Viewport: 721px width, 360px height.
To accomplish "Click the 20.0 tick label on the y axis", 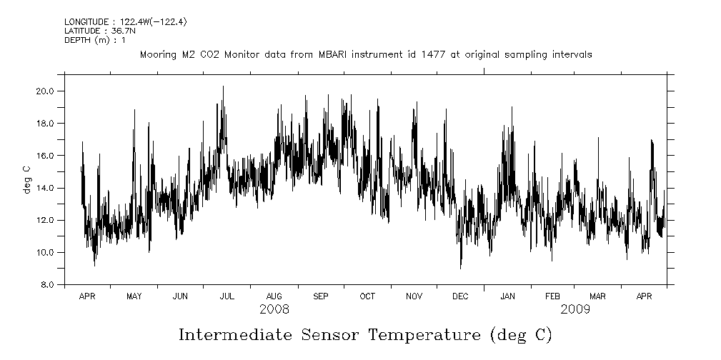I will [x=46, y=91].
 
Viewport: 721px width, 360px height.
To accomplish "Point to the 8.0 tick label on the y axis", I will [x=48, y=284].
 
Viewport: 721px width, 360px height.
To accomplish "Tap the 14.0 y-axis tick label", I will [x=46, y=188].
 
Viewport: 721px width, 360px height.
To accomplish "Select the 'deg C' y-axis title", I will [x=27, y=179].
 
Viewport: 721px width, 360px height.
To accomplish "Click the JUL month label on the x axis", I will [x=227, y=296].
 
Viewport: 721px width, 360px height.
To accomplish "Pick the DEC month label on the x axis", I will [x=460, y=296].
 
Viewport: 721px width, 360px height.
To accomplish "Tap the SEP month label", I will [x=320, y=296].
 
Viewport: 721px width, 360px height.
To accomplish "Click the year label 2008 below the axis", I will [x=274, y=309].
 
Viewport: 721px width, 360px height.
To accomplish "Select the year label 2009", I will [x=575, y=309].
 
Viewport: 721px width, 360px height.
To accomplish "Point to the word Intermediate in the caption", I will [x=232, y=334].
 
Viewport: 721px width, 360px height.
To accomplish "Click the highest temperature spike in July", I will [x=223, y=87].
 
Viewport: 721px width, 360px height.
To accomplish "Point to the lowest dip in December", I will [x=461, y=268].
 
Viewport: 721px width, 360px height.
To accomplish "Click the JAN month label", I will [x=507, y=296].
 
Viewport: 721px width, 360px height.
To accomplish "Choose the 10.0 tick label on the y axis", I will [x=46, y=252].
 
